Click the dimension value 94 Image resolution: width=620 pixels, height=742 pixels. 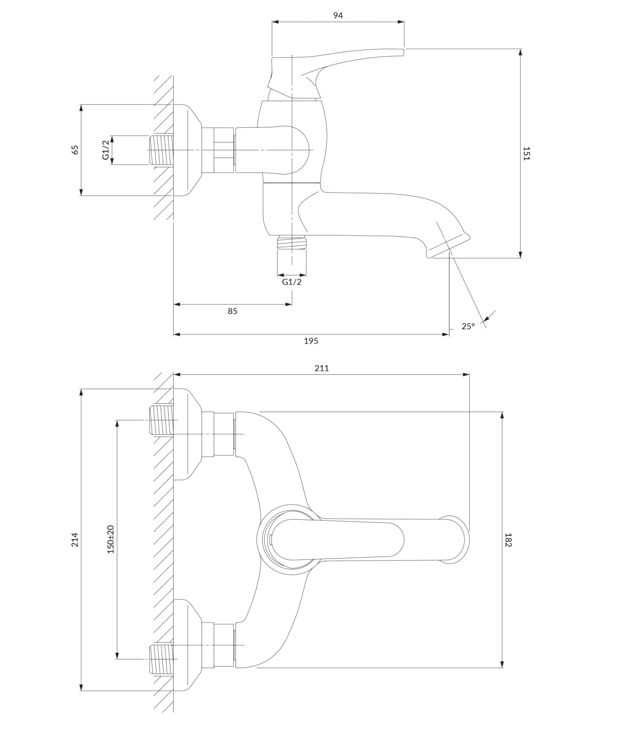pyautogui.click(x=338, y=16)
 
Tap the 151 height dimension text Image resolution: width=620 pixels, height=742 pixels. pyautogui.click(x=526, y=153)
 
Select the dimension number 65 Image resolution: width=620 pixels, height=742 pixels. pyautogui.click(x=75, y=150)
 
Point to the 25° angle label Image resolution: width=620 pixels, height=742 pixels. pyautogui.click(x=468, y=326)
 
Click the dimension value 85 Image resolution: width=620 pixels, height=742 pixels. pyautogui.click(x=232, y=311)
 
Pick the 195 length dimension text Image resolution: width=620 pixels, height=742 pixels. pyautogui.click(x=311, y=341)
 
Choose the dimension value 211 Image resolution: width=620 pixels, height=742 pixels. pyautogui.click(x=322, y=368)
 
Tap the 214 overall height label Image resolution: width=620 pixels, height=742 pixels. pyautogui.click(x=75, y=540)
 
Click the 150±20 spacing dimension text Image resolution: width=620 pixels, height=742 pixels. pyautogui.click(x=110, y=540)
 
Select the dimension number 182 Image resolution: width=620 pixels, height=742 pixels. pyautogui.click(x=508, y=540)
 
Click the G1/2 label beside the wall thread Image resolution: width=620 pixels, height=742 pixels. pyautogui.click(x=106, y=150)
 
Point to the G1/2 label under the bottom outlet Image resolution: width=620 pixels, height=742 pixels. pyautogui.click(x=292, y=282)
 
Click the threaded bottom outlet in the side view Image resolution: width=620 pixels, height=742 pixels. pyautogui.click(x=292, y=243)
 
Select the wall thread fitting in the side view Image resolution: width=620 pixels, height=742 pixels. pyautogui.click(x=160, y=150)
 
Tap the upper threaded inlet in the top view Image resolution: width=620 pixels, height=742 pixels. pyautogui.click(x=160, y=420)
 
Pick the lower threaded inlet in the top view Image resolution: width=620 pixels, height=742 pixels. pyautogui.click(x=160, y=659)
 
